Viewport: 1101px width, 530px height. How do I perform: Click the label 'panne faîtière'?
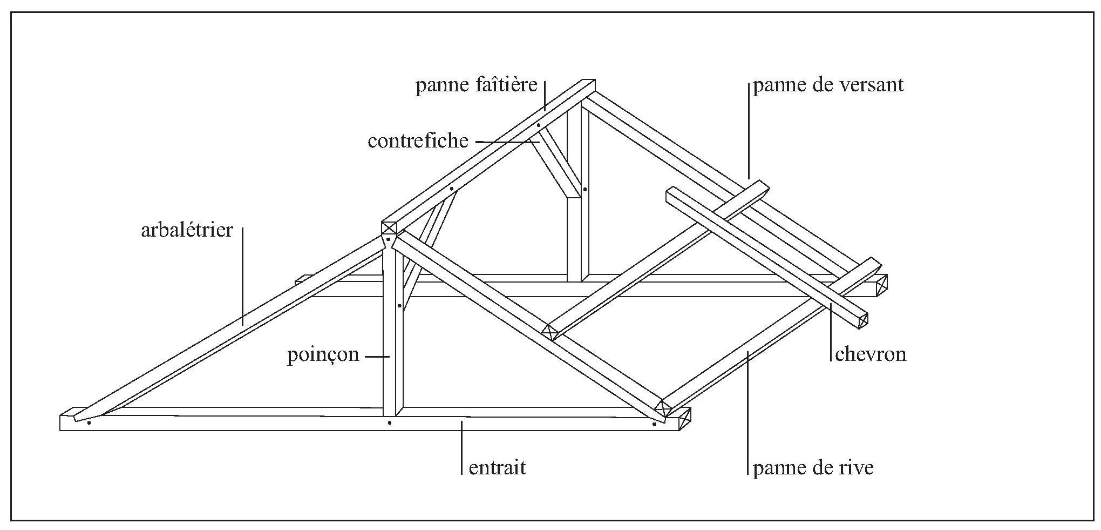click(x=476, y=85)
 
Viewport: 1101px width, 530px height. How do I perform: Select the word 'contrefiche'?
click(x=418, y=141)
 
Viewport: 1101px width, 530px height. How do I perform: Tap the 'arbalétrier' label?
click(x=187, y=231)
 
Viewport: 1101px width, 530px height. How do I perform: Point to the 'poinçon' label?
click(x=323, y=355)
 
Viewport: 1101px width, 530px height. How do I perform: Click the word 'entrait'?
click(x=497, y=467)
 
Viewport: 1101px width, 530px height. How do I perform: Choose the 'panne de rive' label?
click(x=813, y=468)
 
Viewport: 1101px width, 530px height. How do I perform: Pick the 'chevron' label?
click(x=870, y=354)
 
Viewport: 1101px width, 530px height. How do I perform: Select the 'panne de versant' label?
click(x=828, y=85)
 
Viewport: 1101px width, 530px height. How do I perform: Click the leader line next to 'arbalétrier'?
click(x=242, y=276)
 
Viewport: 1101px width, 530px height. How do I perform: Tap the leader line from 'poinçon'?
click(x=377, y=357)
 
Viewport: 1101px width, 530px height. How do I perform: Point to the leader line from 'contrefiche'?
click(x=507, y=142)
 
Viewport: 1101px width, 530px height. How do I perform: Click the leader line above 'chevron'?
click(x=831, y=332)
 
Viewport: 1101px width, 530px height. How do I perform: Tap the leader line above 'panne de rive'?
click(x=748, y=411)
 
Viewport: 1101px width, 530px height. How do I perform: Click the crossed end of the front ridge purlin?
click(x=389, y=227)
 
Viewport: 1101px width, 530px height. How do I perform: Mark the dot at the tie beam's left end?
click(x=89, y=422)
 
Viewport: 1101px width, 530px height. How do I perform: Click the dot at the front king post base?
click(x=389, y=422)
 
